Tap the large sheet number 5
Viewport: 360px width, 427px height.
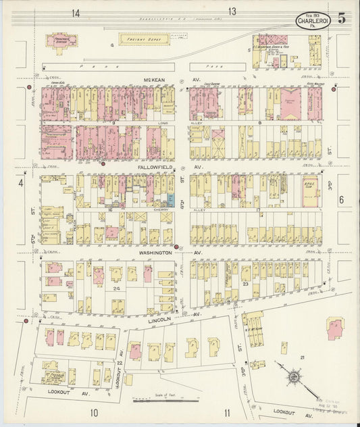pos(342,18)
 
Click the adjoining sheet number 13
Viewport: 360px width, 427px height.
pos(232,11)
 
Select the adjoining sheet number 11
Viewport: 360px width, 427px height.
pos(228,413)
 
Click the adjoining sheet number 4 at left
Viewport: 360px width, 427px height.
pos(21,182)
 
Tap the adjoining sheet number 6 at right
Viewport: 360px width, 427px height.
pos(342,200)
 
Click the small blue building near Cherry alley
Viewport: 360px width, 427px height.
pos(170,200)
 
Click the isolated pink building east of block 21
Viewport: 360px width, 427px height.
pos(335,330)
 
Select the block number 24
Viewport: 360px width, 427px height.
pos(116,288)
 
